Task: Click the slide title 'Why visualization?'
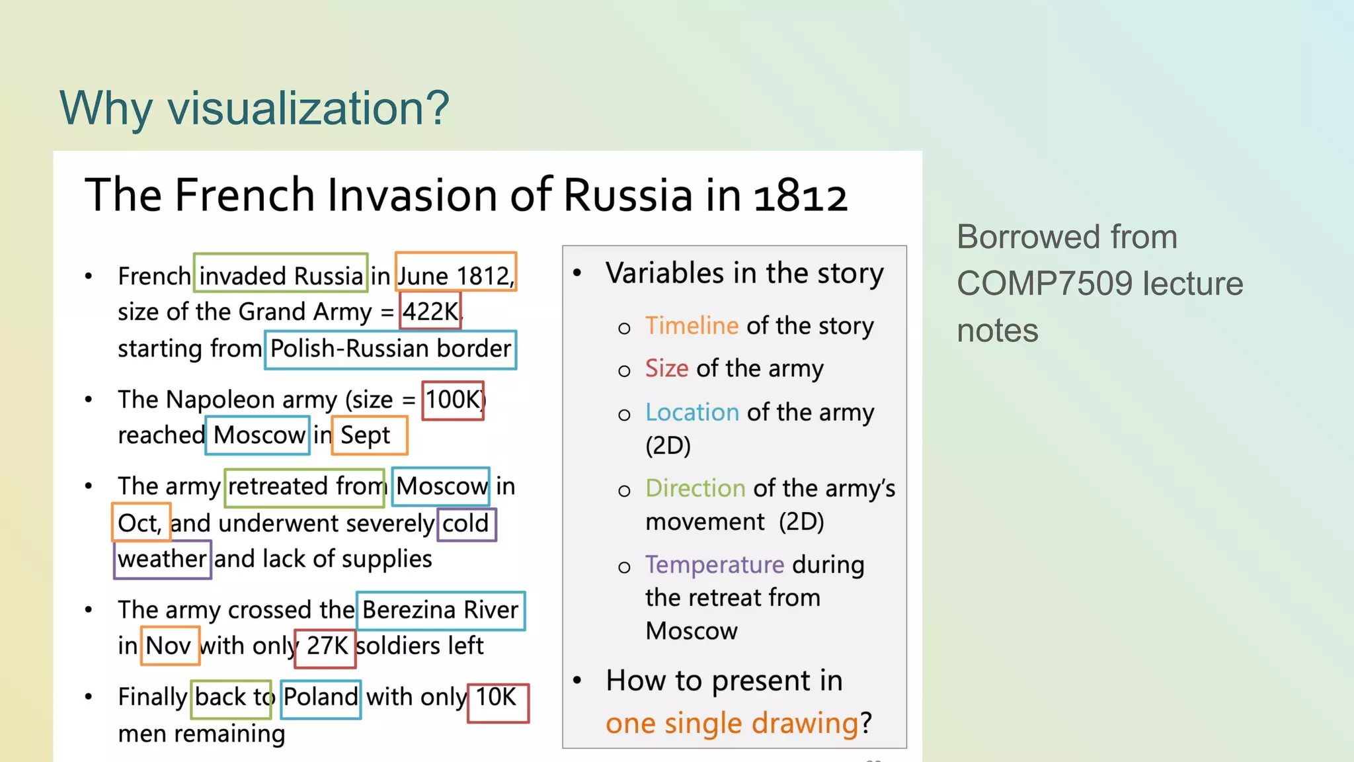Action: tap(254, 108)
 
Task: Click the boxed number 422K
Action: tap(430, 311)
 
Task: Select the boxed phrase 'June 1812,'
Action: tap(456, 275)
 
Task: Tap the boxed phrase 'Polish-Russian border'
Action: tap(390, 349)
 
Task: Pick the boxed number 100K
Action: tap(454, 400)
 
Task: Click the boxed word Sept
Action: tap(368, 435)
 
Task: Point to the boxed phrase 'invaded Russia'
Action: tap(281, 275)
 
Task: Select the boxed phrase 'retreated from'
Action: tap(305, 487)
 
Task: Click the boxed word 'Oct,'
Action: tap(140, 523)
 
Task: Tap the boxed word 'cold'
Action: tap(466, 524)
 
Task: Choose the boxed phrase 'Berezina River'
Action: tap(440, 610)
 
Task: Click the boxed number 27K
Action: tap(326, 646)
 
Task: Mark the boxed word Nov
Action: tap(169, 646)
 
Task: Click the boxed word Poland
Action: tap(321, 697)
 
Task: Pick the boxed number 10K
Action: tap(497, 697)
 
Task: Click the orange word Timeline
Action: tap(692, 326)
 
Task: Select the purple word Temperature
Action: tap(714, 565)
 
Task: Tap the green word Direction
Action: tap(695, 488)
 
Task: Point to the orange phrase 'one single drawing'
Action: tap(731, 723)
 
